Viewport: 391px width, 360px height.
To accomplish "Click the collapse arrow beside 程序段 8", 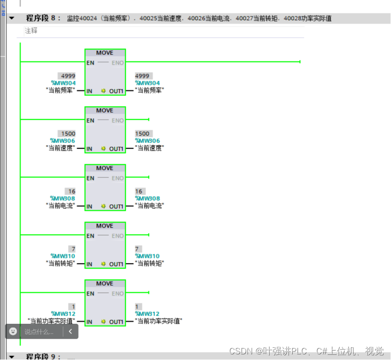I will point(11,18).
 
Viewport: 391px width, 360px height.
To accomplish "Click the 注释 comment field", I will point(31,31).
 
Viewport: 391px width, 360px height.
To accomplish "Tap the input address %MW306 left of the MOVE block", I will point(63,141).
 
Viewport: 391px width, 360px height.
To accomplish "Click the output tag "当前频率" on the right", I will point(150,90).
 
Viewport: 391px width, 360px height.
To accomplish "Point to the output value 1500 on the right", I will point(142,134).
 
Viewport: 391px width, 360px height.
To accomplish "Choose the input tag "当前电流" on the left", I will point(60,206).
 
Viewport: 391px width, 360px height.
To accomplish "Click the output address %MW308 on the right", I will point(147,199).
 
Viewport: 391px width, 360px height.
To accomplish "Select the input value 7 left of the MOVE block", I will point(72,249).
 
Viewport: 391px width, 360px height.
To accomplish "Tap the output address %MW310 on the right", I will point(147,256).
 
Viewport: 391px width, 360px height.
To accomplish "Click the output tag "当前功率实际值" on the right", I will point(159,321).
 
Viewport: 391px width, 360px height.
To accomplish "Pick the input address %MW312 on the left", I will point(63,314).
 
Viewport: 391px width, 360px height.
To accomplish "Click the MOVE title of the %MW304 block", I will point(105,53).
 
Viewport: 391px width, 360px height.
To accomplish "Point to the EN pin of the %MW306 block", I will point(90,120).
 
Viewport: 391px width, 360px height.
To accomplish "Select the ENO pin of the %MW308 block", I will point(118,178).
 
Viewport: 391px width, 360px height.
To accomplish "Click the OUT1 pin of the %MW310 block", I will point(116,264).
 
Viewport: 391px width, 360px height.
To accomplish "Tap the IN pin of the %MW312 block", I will point(89,322).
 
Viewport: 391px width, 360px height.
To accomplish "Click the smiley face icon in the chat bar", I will point(13,331).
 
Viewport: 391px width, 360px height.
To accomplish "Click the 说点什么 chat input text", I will point(39,332).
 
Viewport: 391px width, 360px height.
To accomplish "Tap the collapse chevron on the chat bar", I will point(71,331).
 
